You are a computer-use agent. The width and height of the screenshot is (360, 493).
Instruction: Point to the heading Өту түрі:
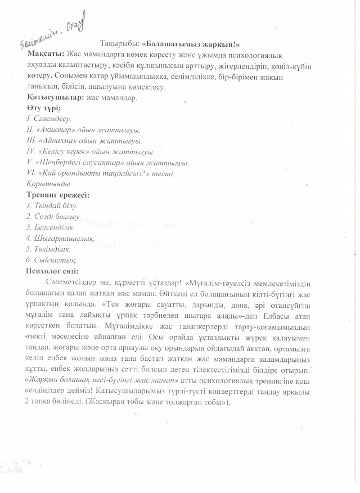(x=43, y=107)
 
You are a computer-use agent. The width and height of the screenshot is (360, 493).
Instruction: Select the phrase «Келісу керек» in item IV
(x=67, y=151)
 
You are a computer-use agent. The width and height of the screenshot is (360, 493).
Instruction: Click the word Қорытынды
(x=48, y=184)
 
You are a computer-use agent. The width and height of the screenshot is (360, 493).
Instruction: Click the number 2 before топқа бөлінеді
(x=28, y=402)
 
